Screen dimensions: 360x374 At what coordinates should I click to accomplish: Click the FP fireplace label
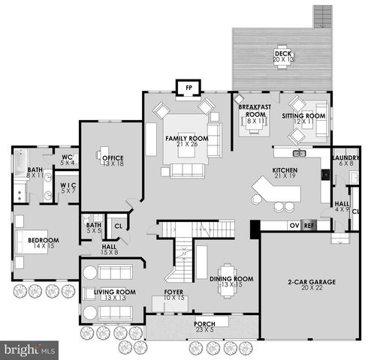point(186,87)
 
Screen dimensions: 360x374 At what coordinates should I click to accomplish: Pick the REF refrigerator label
point(308,224)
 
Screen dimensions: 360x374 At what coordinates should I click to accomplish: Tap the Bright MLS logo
point(30,349)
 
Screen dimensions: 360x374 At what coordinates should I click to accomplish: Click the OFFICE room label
point(113,157)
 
